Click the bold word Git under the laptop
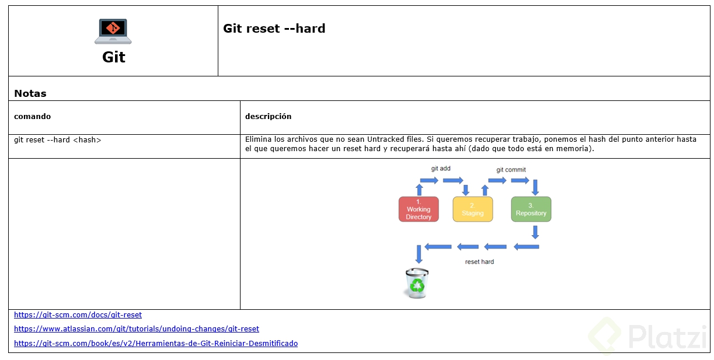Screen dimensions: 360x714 click(114, 57)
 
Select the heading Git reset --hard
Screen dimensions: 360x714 click(274, 29)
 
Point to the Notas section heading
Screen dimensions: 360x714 click(30, 93)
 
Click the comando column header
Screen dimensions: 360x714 click(32, 116)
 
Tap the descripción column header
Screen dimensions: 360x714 click(268, 116)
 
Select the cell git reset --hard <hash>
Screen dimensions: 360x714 click(57, 140)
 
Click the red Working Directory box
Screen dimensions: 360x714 click(419, 209)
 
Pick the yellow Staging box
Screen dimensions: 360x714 click(472, 209)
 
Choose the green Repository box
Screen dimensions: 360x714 click(531, 209)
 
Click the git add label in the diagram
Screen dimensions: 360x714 click(441, 169)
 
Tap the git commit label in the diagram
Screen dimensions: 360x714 click(511, 170)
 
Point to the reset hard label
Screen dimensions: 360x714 click(479, 261)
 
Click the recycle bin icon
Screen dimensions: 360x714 click(417, 283)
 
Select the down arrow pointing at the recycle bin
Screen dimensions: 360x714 click(419, 254)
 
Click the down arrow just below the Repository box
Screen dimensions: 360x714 click(535, 232)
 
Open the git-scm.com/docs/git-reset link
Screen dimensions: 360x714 click(78, 314)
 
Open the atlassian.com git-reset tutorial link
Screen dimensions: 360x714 click(136, 329)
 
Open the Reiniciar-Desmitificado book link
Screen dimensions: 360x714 click(155, 344)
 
